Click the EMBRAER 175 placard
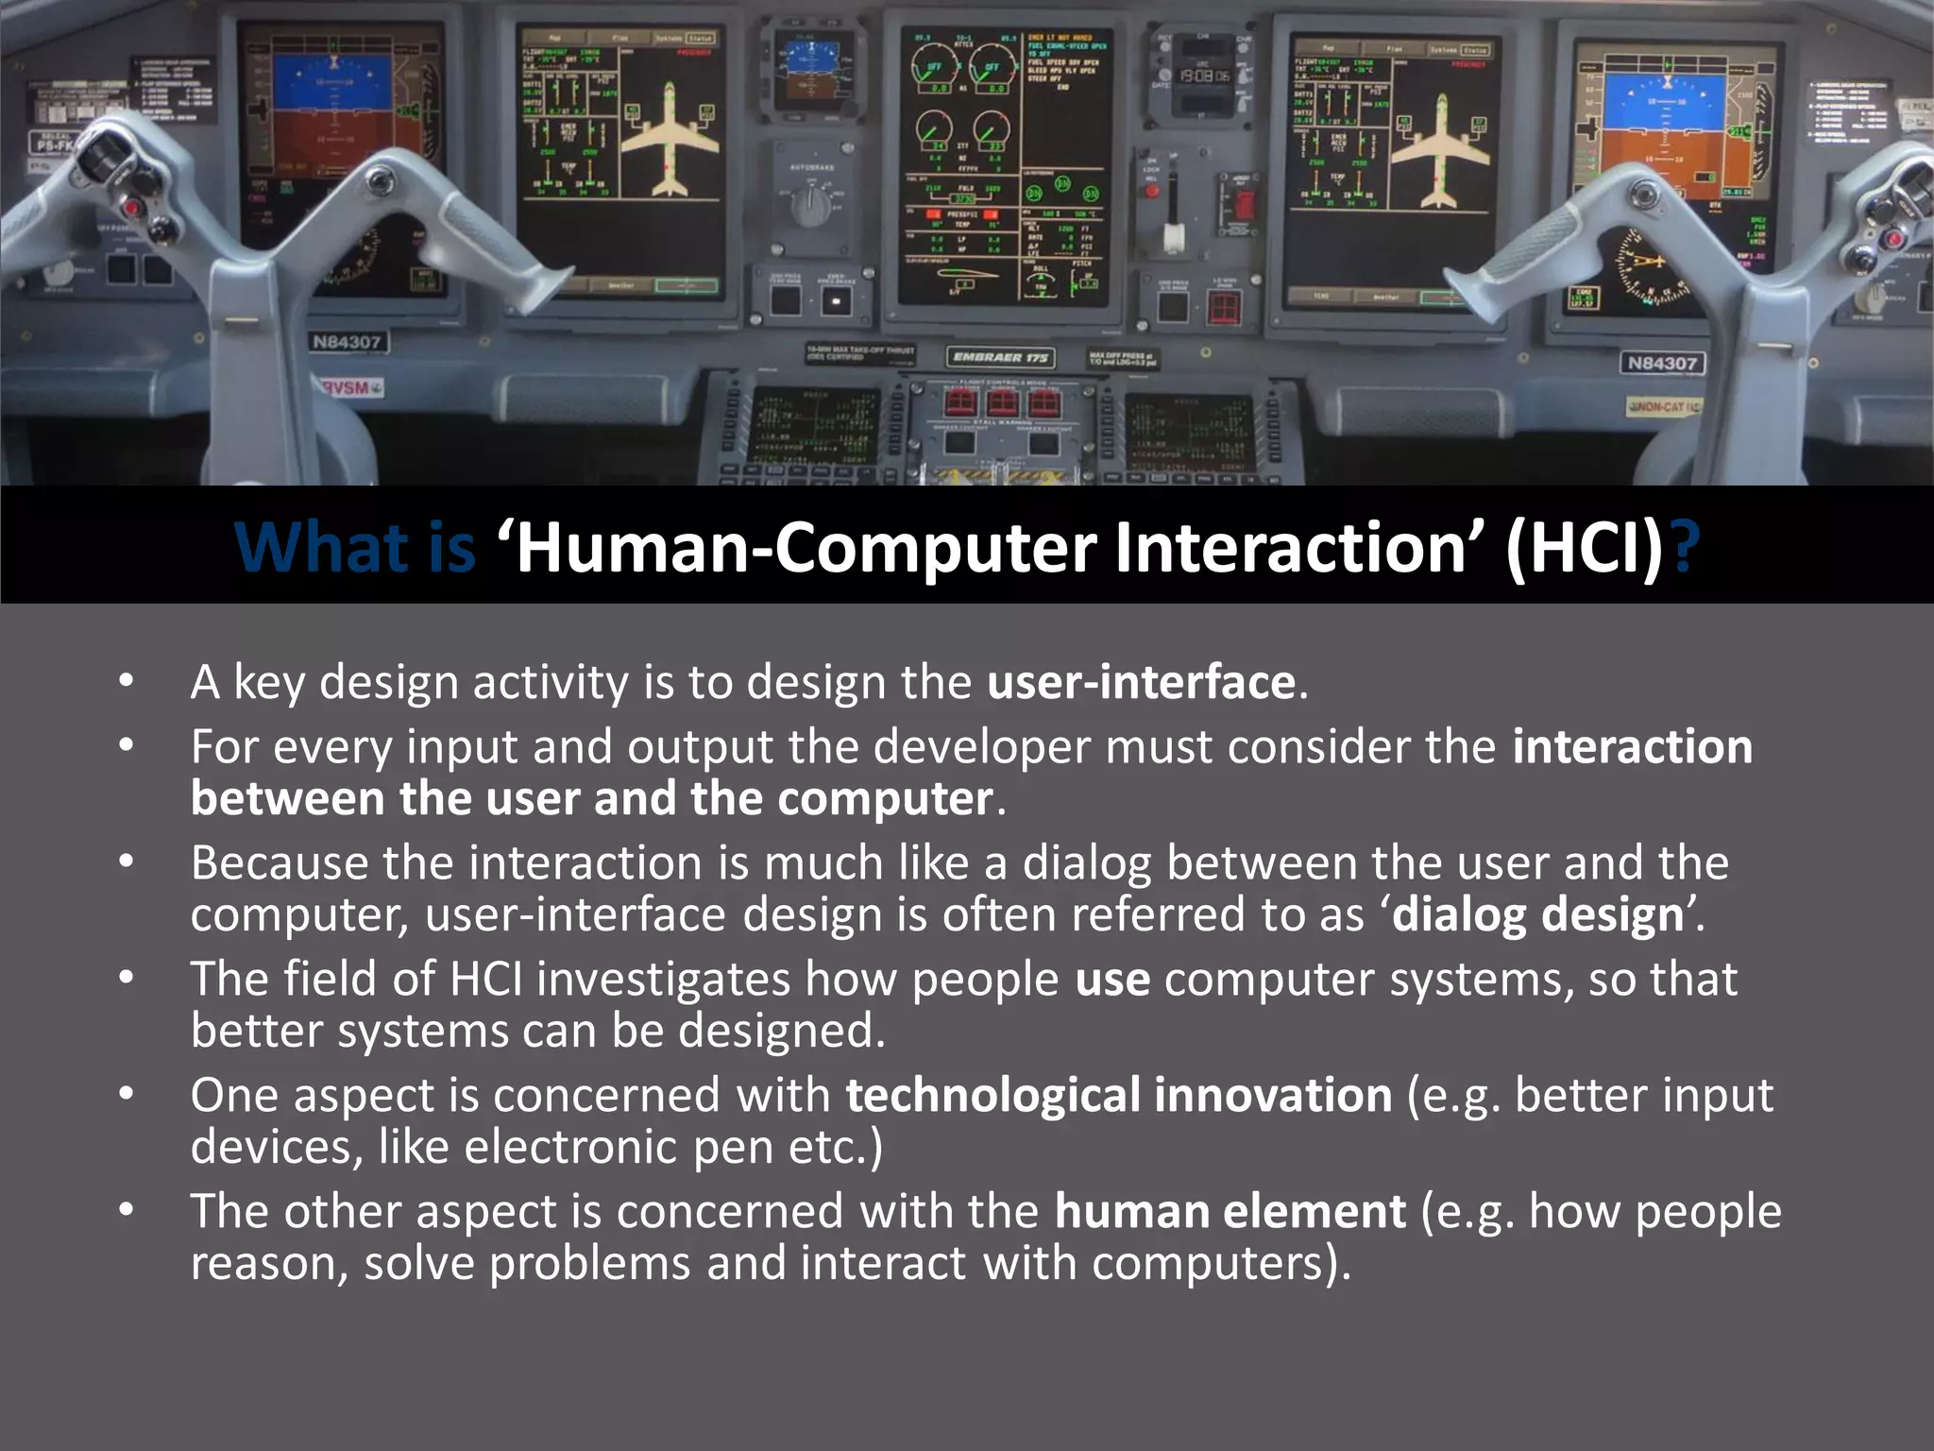[1000, 357]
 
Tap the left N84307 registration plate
[347, 342]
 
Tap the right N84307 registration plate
[1662, 363]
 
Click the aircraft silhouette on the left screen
[670, 139]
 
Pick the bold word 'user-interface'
[1141, 682]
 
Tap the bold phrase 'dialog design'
[1537, 914]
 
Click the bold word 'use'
[1112, 979]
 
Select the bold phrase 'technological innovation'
[1118, 1095]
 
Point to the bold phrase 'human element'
[1230, 1211]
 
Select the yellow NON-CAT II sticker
[1664, 406]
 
